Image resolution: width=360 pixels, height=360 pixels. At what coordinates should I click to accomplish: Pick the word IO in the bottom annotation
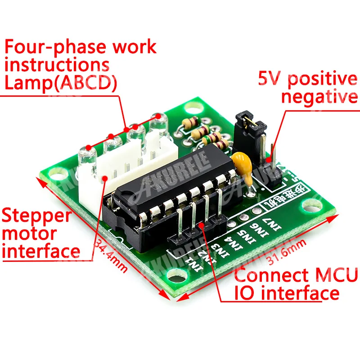(245, 293)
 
